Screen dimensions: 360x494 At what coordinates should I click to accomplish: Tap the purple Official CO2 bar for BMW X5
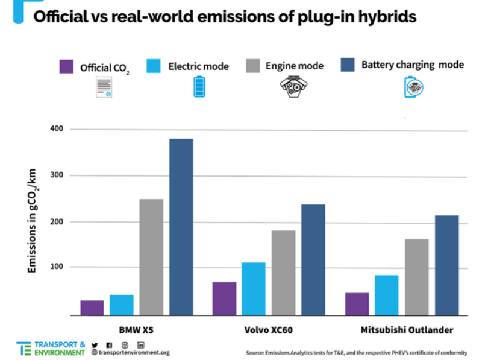[x=92, y=308]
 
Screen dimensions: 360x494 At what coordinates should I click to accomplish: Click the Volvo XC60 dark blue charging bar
[x=313, y=259]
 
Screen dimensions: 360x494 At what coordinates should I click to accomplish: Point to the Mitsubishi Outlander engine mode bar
[x=417, y=277]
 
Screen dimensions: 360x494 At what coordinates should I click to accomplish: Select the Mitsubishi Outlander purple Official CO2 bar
[x=357, y=304]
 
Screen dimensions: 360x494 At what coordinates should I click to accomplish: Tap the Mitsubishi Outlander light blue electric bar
[x=387, y=295]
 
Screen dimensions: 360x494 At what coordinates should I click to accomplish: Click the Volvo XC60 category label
[x=269, y=330]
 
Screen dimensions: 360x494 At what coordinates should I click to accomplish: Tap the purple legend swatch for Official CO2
[x=66, y=66]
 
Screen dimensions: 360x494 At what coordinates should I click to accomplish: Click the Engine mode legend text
[x=294, y=66]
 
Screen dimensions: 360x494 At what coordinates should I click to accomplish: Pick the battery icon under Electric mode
[x=198, y=87]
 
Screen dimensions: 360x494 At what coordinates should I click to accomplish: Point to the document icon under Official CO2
[x=104, y=87]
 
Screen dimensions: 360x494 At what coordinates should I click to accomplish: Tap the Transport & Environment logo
[x=51, y=349]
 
